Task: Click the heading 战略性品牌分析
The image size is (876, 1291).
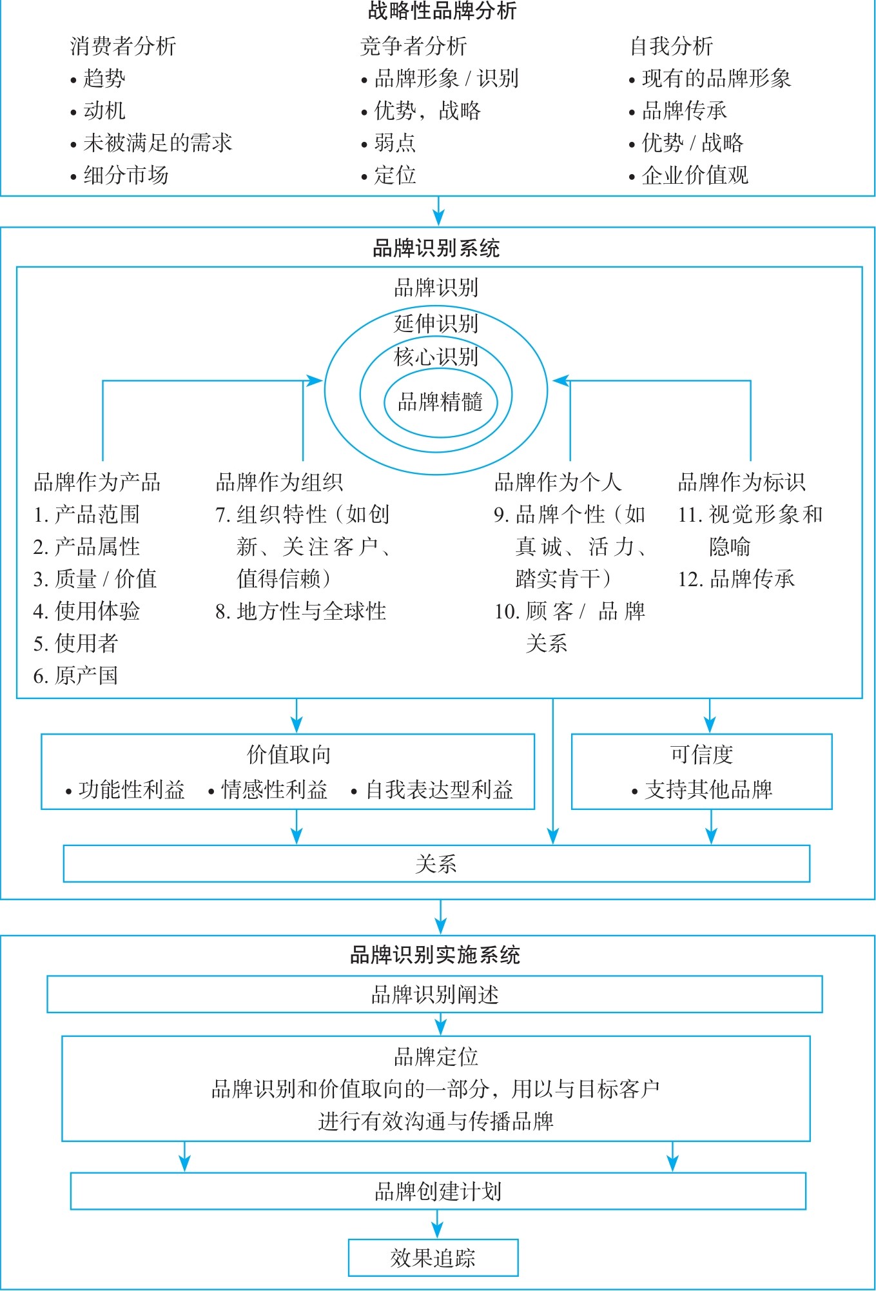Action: [442, 11]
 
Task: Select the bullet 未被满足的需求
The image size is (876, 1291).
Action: [157, 143]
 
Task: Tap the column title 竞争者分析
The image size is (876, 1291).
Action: [413, 46]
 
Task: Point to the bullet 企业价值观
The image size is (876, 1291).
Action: [695, 175]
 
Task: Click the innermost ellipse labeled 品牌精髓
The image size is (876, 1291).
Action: [440, 402]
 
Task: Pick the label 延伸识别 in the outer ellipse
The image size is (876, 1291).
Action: [436, 324]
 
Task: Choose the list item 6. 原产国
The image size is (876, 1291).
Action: [76, 676]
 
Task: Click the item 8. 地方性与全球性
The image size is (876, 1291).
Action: [301, 611]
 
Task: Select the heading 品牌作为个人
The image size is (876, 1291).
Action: [558, 482]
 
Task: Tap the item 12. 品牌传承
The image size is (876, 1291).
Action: [736, 579]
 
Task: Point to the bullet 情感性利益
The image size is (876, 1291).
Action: [274, 790]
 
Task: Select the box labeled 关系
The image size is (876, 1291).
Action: [436, 864]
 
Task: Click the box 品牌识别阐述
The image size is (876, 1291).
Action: [435, 994]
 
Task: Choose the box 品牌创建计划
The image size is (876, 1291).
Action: [438, 1192]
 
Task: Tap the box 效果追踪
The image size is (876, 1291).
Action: [433, 1258]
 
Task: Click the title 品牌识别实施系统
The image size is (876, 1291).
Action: [435, 955]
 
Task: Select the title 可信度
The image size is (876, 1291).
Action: [702, 754]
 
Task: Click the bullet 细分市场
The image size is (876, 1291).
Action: [126, 175]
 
